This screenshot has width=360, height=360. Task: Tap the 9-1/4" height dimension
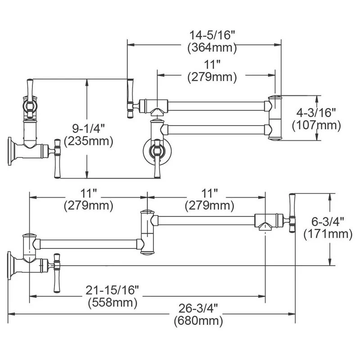tap(88, 128)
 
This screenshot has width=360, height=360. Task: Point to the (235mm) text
tap(88, 141)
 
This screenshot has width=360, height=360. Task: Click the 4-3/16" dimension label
tap(316, 112)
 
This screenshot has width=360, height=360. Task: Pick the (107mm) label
tap(316, 125)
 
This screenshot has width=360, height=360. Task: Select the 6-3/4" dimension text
tap(328, 221)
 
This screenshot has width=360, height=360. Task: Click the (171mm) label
tap(328, 234)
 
